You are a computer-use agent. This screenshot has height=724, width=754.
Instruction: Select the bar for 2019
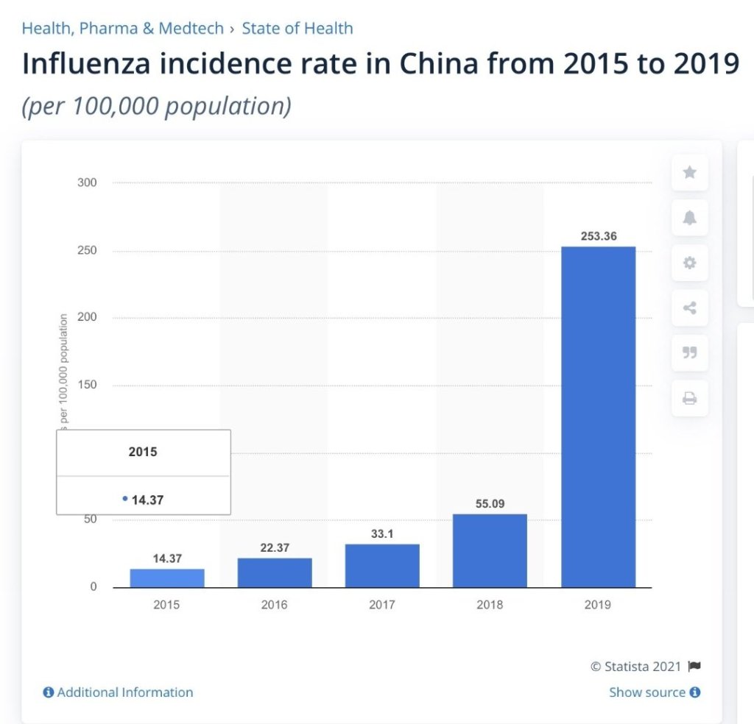coord(598,416)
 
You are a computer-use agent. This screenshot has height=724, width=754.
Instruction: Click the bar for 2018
coord(490,550)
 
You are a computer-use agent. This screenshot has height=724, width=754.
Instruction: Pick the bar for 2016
coord(275,572)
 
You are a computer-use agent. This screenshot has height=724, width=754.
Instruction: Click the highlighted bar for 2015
coord(167,578)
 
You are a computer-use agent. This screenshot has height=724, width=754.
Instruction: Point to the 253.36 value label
coord(598,236)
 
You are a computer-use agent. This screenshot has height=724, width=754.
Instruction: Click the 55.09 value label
coord(490,504)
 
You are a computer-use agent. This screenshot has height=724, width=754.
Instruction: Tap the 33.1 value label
coord(382,534)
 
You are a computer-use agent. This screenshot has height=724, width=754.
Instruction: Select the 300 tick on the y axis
coord(87,182)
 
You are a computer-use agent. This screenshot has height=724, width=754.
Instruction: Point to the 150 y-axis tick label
coord(87,385)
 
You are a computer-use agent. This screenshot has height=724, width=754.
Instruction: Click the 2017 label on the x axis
coord(382,605)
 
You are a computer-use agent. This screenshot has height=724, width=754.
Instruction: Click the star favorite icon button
coord(689,172)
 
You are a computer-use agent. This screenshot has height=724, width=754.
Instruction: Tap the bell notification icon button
coord(689,218)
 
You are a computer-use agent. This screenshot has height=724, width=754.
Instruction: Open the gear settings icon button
coord(689,263)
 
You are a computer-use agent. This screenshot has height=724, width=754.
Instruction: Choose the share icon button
coord(689,308)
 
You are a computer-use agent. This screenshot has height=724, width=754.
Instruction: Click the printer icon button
coord(689,399)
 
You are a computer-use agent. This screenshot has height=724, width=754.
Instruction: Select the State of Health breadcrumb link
coord(297,29)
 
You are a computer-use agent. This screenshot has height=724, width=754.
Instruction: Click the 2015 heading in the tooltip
coord(143,452)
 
